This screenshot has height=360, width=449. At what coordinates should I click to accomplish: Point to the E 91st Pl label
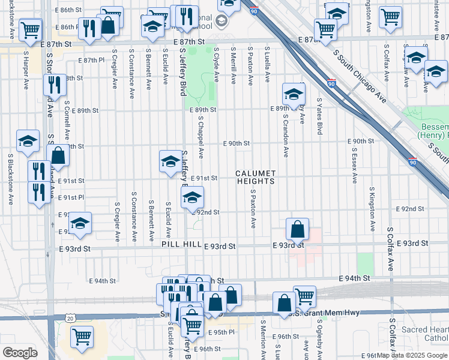[x=71, y=197]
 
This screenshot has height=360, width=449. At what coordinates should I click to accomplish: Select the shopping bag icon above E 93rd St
[x=297, y=229]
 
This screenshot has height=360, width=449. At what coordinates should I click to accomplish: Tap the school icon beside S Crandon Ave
[x=294, y=94]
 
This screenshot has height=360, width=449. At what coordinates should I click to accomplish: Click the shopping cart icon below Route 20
[x=81, y=337]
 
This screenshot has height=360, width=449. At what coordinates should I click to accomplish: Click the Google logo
[x=20, y=353]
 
